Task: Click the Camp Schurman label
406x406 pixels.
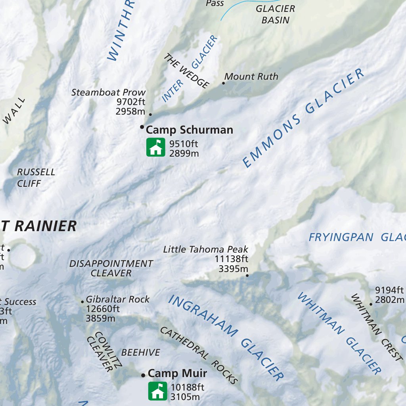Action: coord(190,130)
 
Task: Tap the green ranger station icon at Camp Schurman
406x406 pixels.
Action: coord(155,147)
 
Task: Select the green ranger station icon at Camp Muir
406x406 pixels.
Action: coord(157,391)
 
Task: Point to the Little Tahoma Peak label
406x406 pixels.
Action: coord(205,249)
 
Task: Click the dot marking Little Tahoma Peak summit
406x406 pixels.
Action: coord(247,275)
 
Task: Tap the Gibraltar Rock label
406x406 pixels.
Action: coord(118,299)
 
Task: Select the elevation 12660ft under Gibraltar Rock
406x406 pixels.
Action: coord(103,309)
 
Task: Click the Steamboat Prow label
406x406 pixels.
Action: coord(109,92)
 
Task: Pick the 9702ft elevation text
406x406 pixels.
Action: coord(131,102)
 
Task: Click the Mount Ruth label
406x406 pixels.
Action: coord(251,77)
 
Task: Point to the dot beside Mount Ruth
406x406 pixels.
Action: coord(223,83)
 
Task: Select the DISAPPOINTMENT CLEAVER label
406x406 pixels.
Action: coord(111,268)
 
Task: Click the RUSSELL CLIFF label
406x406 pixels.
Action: coord(36,178)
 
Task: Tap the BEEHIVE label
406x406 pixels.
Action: coord(140,352)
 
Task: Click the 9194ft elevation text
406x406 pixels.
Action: coord(389,290)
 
